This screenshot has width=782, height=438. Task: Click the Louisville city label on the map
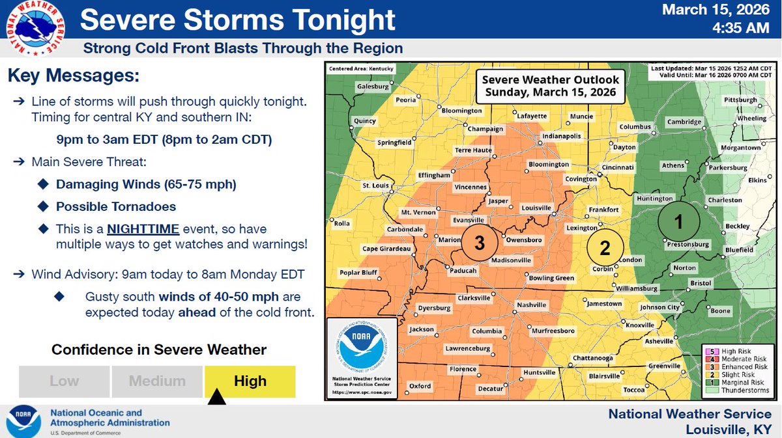(537, 208)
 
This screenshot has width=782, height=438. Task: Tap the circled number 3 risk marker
(480, 243)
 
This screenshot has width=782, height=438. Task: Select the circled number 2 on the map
(605, 248)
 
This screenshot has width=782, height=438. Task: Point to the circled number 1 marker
(678, 222)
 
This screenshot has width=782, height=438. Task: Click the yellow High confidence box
(250, 381)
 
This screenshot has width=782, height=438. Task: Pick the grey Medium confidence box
(157, 381)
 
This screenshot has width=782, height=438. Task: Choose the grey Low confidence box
(65, 381)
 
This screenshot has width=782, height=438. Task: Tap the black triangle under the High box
(216, 397)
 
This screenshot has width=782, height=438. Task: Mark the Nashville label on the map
(531, 305)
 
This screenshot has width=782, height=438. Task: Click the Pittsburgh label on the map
(740, 100)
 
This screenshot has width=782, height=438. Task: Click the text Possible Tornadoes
(116, 207)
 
